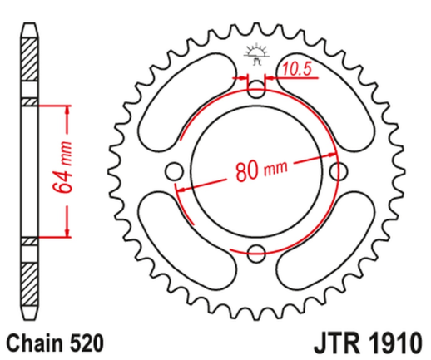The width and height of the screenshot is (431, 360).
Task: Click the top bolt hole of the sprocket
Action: click(256, 89)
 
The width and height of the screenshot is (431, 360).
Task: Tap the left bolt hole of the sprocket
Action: click(174, 171)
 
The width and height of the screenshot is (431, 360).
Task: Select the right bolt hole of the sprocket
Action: click(338, 171)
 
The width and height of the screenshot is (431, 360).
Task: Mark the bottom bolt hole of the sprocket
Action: click(256, 253)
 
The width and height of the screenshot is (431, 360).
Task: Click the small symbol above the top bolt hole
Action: click(255, 55)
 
